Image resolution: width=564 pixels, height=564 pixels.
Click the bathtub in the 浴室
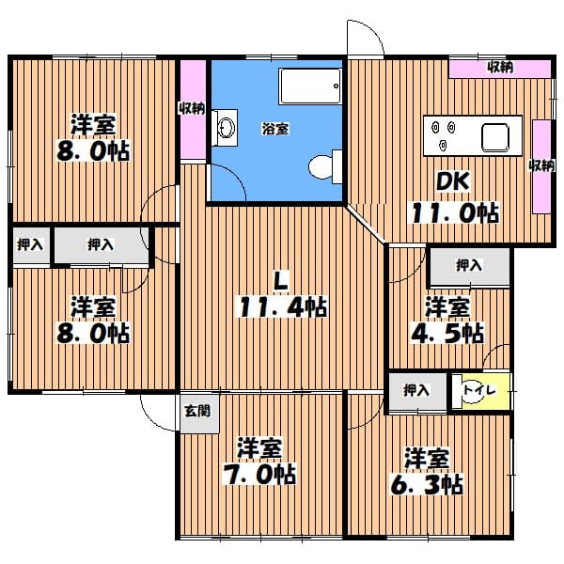(310, 86)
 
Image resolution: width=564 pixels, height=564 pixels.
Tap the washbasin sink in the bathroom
(227, 128)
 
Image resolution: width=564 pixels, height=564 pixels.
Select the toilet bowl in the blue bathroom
(321, 167)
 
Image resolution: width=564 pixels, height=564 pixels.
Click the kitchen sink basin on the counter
(495, 137)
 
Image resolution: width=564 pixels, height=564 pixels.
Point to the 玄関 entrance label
(197, 411)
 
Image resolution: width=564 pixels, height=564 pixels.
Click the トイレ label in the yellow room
(479, 390)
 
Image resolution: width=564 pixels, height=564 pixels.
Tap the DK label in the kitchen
(452, 180)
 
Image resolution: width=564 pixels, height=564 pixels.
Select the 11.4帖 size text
(281, 306)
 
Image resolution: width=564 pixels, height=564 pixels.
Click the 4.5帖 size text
(447, 334)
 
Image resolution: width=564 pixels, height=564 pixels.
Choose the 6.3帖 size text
(427, 484)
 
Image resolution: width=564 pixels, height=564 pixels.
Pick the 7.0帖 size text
(259, 474)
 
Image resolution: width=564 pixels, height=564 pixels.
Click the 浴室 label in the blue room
(275, 129)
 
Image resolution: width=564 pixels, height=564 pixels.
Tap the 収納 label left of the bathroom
(193, 108)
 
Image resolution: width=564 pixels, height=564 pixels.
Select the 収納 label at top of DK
(500, 67)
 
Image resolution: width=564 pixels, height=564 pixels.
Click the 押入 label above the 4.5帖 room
(469, 265)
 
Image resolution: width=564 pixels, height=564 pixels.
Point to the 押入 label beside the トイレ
(416, 390)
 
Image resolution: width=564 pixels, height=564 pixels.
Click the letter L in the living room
(281, 280)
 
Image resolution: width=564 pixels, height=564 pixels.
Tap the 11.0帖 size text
(455, 212)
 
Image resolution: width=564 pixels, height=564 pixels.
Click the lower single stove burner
(443, 145)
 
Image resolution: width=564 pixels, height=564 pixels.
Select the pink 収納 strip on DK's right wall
(541, 167)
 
